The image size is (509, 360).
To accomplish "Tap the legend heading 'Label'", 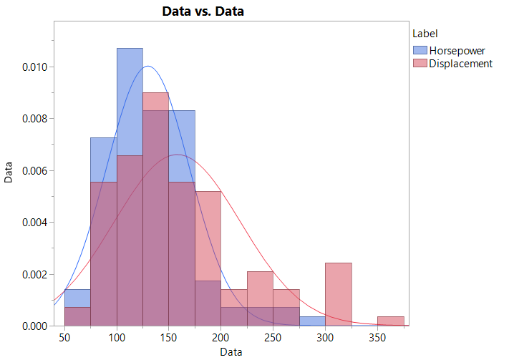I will [425, 33].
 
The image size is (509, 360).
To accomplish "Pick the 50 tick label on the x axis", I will [64, 338].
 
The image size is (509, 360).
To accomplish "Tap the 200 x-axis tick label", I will [220, 338].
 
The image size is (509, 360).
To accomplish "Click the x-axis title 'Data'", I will [231, 351].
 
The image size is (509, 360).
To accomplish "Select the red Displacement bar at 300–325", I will [338, 294].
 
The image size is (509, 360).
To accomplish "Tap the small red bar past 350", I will [390, 321].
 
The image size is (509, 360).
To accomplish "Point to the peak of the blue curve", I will [148, 67].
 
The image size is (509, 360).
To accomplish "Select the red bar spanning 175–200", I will [208, 236].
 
